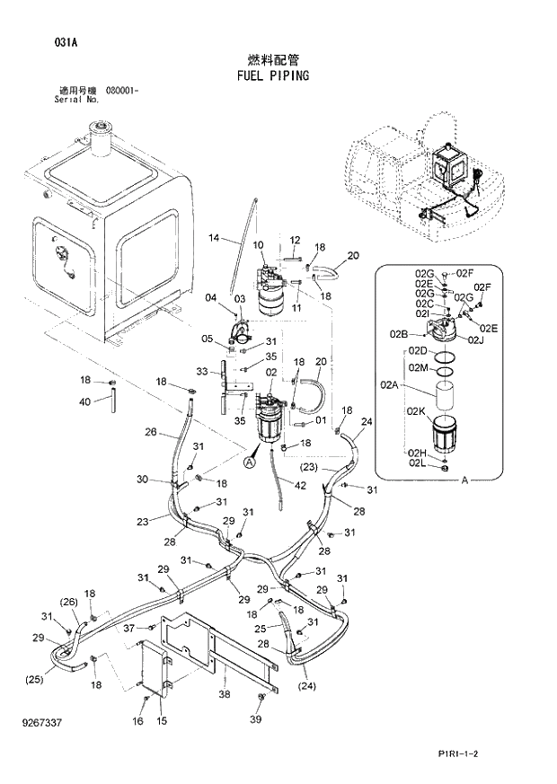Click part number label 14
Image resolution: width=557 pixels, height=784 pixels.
(214, 238)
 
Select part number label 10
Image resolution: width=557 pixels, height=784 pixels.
(258, 245)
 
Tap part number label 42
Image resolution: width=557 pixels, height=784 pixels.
(300, 486)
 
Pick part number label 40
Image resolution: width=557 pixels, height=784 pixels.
(84, 401)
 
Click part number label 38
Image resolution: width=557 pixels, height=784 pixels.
(224, 694)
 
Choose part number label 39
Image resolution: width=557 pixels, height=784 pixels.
(256, 720)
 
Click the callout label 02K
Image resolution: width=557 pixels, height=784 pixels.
(414, 410)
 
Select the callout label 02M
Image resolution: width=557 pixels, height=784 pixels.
(418, 367)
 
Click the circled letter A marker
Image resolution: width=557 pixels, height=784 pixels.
(250, 462)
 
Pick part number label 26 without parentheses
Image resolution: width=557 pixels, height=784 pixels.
(151, 432)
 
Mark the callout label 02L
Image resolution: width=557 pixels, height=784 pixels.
(415, 463)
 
